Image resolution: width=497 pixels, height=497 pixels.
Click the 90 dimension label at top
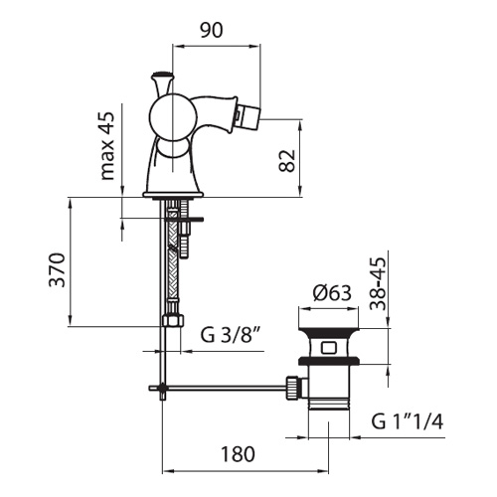click(x=212, y=31)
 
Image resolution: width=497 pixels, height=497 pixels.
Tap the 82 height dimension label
click(x=287, y=161)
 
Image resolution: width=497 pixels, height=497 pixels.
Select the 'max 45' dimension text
click(x=107, y=146)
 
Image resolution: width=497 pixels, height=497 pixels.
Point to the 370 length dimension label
click(x=57, y=269)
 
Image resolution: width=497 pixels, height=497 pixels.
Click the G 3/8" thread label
click(x=230, y=335)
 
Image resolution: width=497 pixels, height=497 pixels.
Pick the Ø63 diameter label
click(x=332, y=293)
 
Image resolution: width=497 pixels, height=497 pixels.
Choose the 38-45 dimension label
click(x=378, y=283)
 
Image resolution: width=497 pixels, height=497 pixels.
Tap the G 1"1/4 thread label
click(x=408, y=421)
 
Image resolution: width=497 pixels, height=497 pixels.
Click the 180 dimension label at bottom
click(x=238, y=454)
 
